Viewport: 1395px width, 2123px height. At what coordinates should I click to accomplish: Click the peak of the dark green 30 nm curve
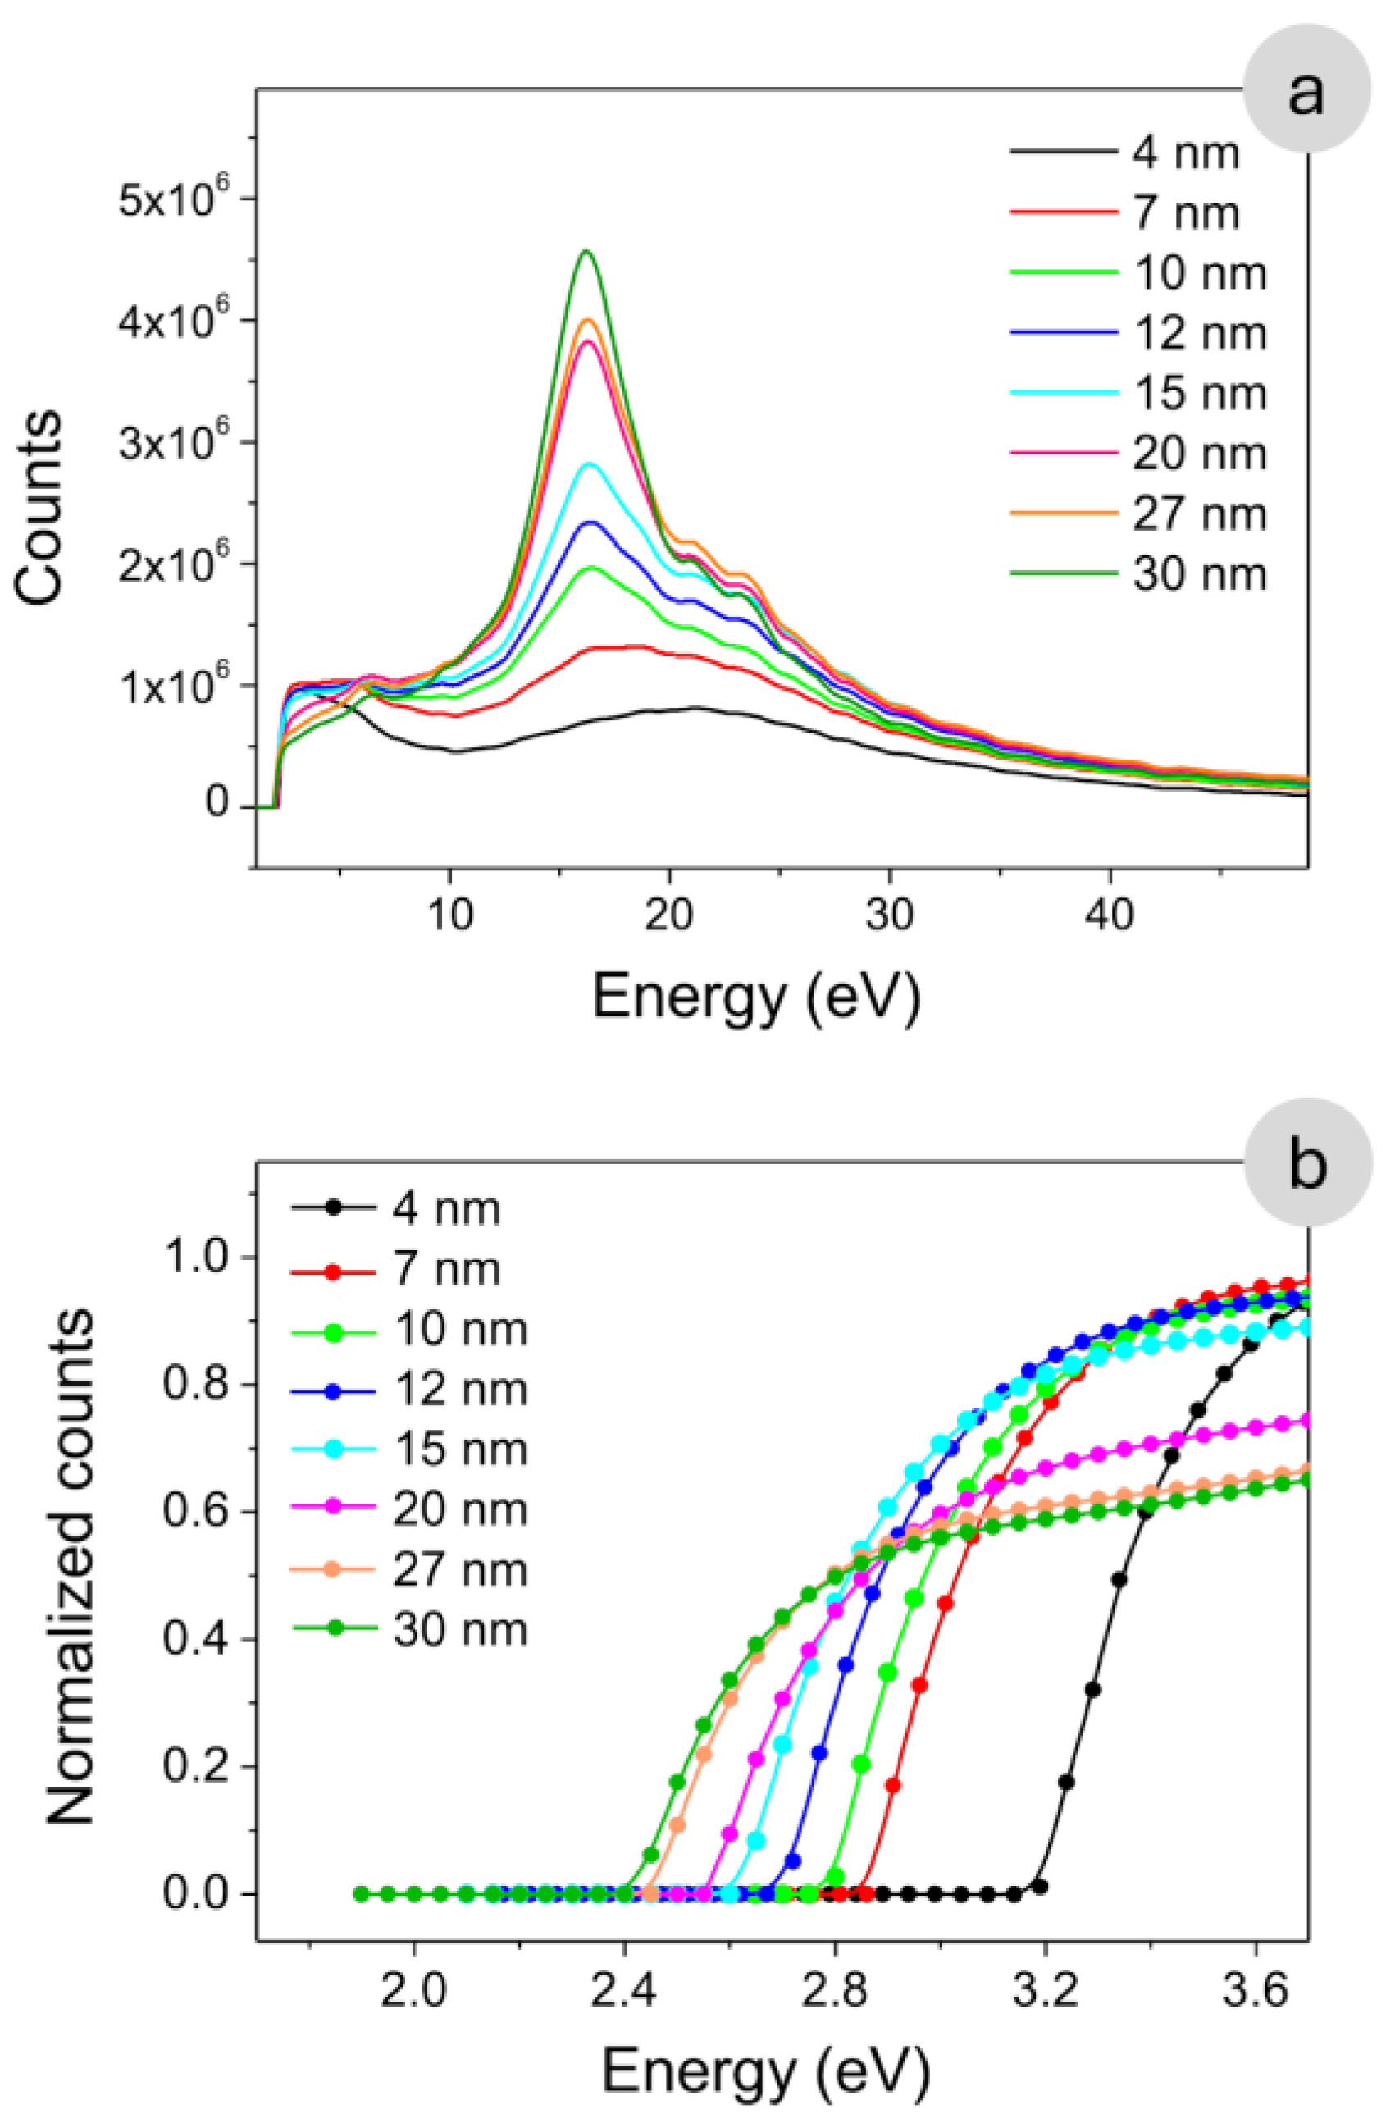click(586, 252)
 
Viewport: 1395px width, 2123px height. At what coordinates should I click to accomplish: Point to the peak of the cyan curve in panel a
click(589, 463)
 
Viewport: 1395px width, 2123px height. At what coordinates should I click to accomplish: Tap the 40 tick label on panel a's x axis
click(1110, 915)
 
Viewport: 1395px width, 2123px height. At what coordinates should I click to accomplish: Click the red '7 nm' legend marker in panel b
click(332, 1269)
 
